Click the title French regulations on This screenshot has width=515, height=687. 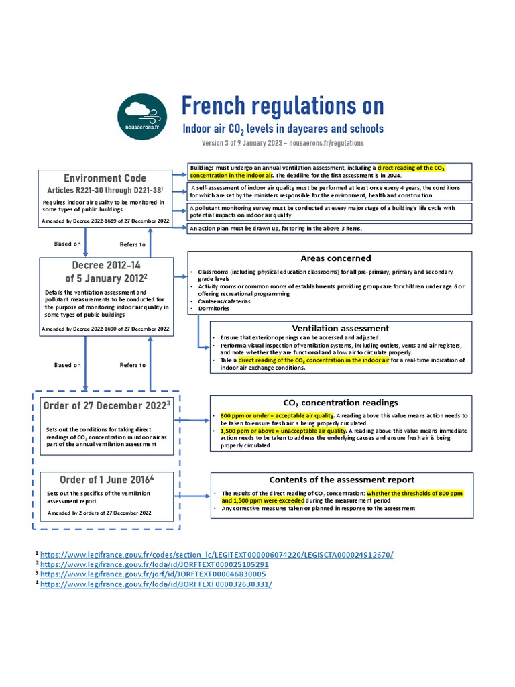coord(282,105)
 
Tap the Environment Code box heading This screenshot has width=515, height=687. coord(105,178)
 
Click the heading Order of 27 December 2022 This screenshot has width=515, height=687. coord(106,405)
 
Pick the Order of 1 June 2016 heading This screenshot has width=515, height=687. coord(106,479)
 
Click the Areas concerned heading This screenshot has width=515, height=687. coord(335,258)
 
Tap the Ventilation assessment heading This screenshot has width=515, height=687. coord(340,328)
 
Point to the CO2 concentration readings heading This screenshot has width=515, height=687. coord(341,403)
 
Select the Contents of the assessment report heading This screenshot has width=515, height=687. coord(341,480)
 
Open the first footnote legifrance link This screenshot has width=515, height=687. coord(217,555)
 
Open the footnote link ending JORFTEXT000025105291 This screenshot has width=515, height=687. coord(154,564)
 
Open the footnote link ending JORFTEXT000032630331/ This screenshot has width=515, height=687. coord(156,584)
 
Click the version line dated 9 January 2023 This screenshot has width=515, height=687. coord(282,143)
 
